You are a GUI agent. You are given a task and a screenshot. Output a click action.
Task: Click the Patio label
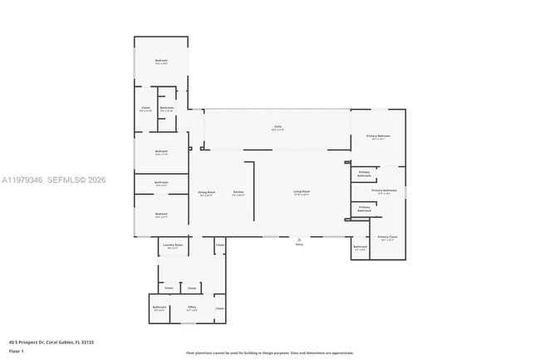coord(277,129)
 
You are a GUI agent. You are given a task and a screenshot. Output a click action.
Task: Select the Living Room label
coord(301,193)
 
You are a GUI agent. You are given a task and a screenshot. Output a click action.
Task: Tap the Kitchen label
coord(238,193)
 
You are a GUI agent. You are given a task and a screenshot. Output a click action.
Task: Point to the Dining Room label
coord(206,193)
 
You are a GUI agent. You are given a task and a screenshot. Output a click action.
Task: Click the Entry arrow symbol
coord(299,239)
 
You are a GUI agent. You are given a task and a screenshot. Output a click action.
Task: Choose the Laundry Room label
coord(173,246)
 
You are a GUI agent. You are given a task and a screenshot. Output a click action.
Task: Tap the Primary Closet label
coord(387,238)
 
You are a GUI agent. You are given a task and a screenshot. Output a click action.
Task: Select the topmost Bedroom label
coord(161,61)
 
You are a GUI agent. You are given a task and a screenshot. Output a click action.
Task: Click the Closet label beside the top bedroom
coord(145,108)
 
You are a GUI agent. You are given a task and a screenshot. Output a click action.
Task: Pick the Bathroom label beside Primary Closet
coord(360,247)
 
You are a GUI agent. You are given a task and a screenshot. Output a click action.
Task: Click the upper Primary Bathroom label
coord(364,175)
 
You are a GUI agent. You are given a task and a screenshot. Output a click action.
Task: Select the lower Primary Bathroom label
coord(364,209)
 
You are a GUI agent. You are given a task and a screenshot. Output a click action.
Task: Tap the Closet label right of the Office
coord(219,308)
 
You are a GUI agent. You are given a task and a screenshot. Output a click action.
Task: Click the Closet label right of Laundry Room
coord(219,245)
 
